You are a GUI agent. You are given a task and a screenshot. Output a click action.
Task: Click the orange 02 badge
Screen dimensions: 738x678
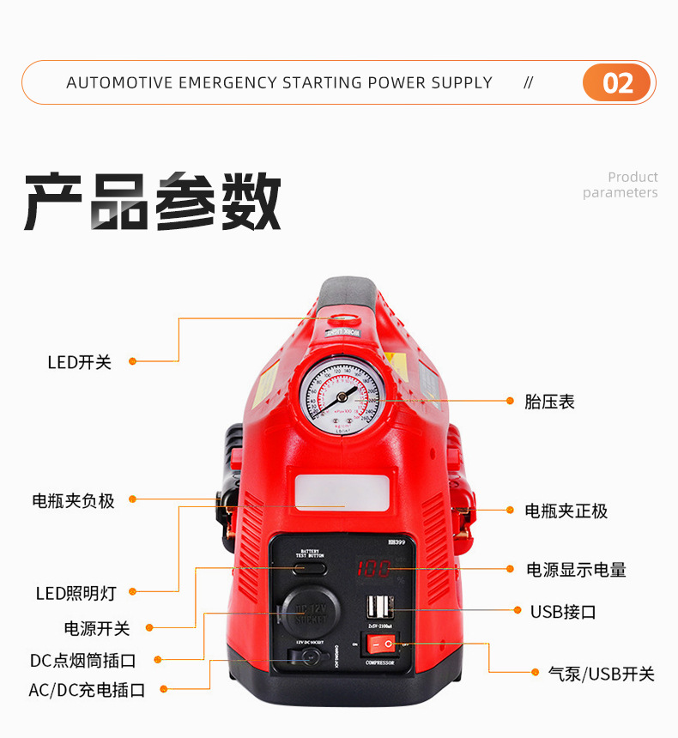[617, 83]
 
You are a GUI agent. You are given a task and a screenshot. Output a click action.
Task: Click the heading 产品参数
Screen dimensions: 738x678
[153, 203]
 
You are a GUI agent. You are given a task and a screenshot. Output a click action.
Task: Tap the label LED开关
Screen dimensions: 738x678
[80, 362]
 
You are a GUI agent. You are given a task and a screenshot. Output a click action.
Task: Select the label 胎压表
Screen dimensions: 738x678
[549, 401]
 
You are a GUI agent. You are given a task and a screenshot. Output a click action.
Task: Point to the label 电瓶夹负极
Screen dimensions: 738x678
[73, 500]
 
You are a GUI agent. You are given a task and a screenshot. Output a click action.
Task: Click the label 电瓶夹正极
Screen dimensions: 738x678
[566, 511]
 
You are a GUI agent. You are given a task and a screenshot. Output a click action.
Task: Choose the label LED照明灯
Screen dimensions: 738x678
[76, 593]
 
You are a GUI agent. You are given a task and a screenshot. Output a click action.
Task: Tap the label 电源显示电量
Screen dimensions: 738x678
[576, 569]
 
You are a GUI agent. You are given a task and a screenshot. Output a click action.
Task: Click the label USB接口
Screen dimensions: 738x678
[563, 611]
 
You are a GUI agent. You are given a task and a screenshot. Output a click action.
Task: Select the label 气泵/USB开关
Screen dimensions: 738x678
[601, 674]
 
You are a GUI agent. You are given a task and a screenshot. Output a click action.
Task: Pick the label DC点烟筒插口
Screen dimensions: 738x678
[83, 660]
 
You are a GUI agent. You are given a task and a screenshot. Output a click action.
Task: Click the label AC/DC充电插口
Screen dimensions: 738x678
[87, 690]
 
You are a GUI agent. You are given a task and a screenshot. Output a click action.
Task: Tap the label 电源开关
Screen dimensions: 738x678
[97, 628]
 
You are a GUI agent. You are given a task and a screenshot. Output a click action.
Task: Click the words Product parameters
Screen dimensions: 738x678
[620, 184]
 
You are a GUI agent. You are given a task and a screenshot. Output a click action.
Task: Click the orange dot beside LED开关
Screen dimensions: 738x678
[132, 361]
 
